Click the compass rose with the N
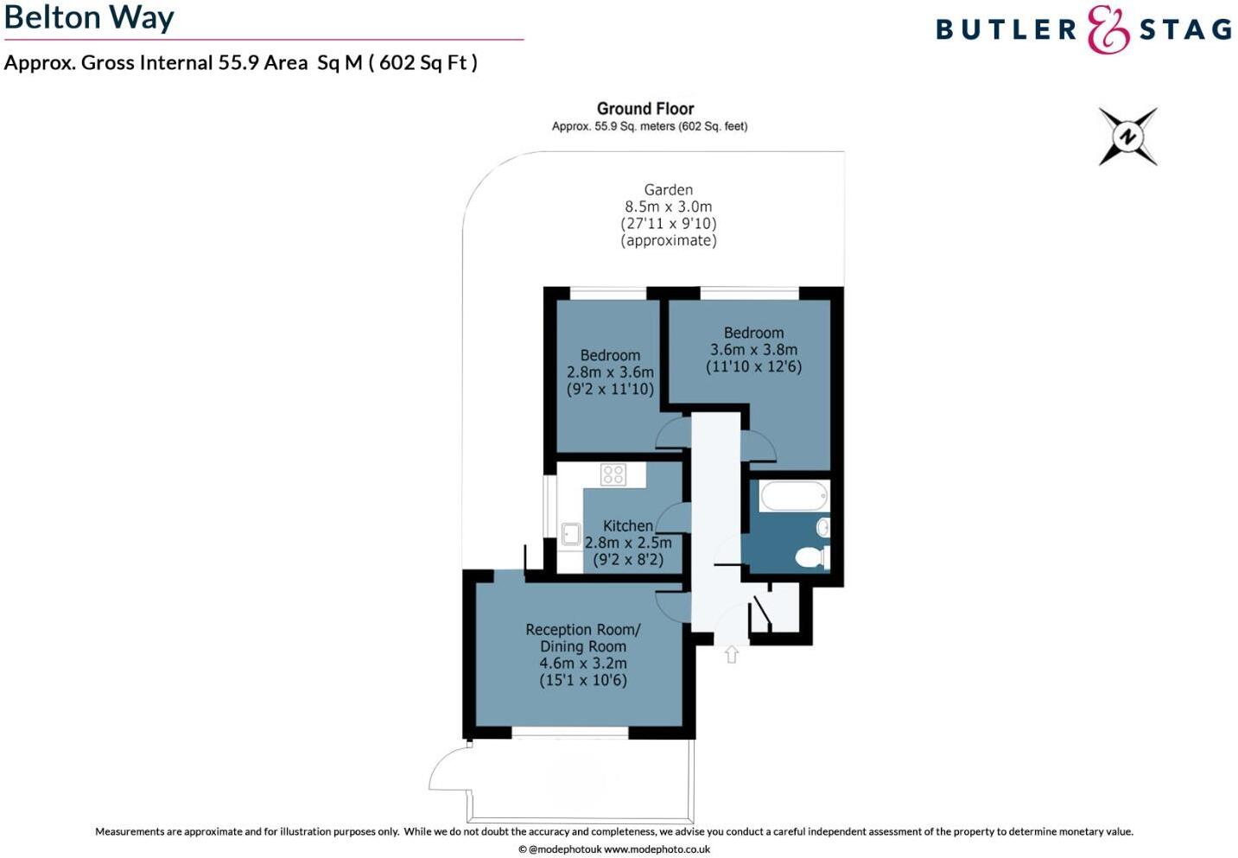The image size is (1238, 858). click(x=1127, y=137)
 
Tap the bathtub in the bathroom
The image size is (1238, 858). click(x=793, y=497)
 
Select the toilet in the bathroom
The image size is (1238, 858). click(x=811, y=556)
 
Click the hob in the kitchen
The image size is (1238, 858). click(x=613, y=473)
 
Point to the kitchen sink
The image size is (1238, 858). click(x=570, y=533)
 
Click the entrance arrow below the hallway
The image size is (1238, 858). click(x=732, y=655)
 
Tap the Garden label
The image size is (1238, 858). click(x=668, y=190)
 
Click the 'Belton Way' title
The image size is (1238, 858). click(x=89, y=17)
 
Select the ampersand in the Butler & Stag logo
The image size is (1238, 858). click(x=1108, y=29)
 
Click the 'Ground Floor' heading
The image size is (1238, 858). click(x=645, y=109)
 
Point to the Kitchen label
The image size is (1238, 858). click(x=627, y=525)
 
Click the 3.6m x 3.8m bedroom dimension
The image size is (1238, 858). click(x=753, y=350)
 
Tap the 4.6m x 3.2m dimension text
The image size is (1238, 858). click(x=583, y=664)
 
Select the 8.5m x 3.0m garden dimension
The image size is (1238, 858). click(x=668, y=207)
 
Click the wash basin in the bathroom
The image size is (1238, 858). click(x=823, y=526)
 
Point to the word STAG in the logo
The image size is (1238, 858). click(x=1185, y=30)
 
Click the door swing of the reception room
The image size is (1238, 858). click(x=672, y=605)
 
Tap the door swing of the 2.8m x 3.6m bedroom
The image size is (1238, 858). click(x=672, y=432)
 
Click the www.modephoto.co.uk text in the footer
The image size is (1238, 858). click(x=657, y=849)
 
